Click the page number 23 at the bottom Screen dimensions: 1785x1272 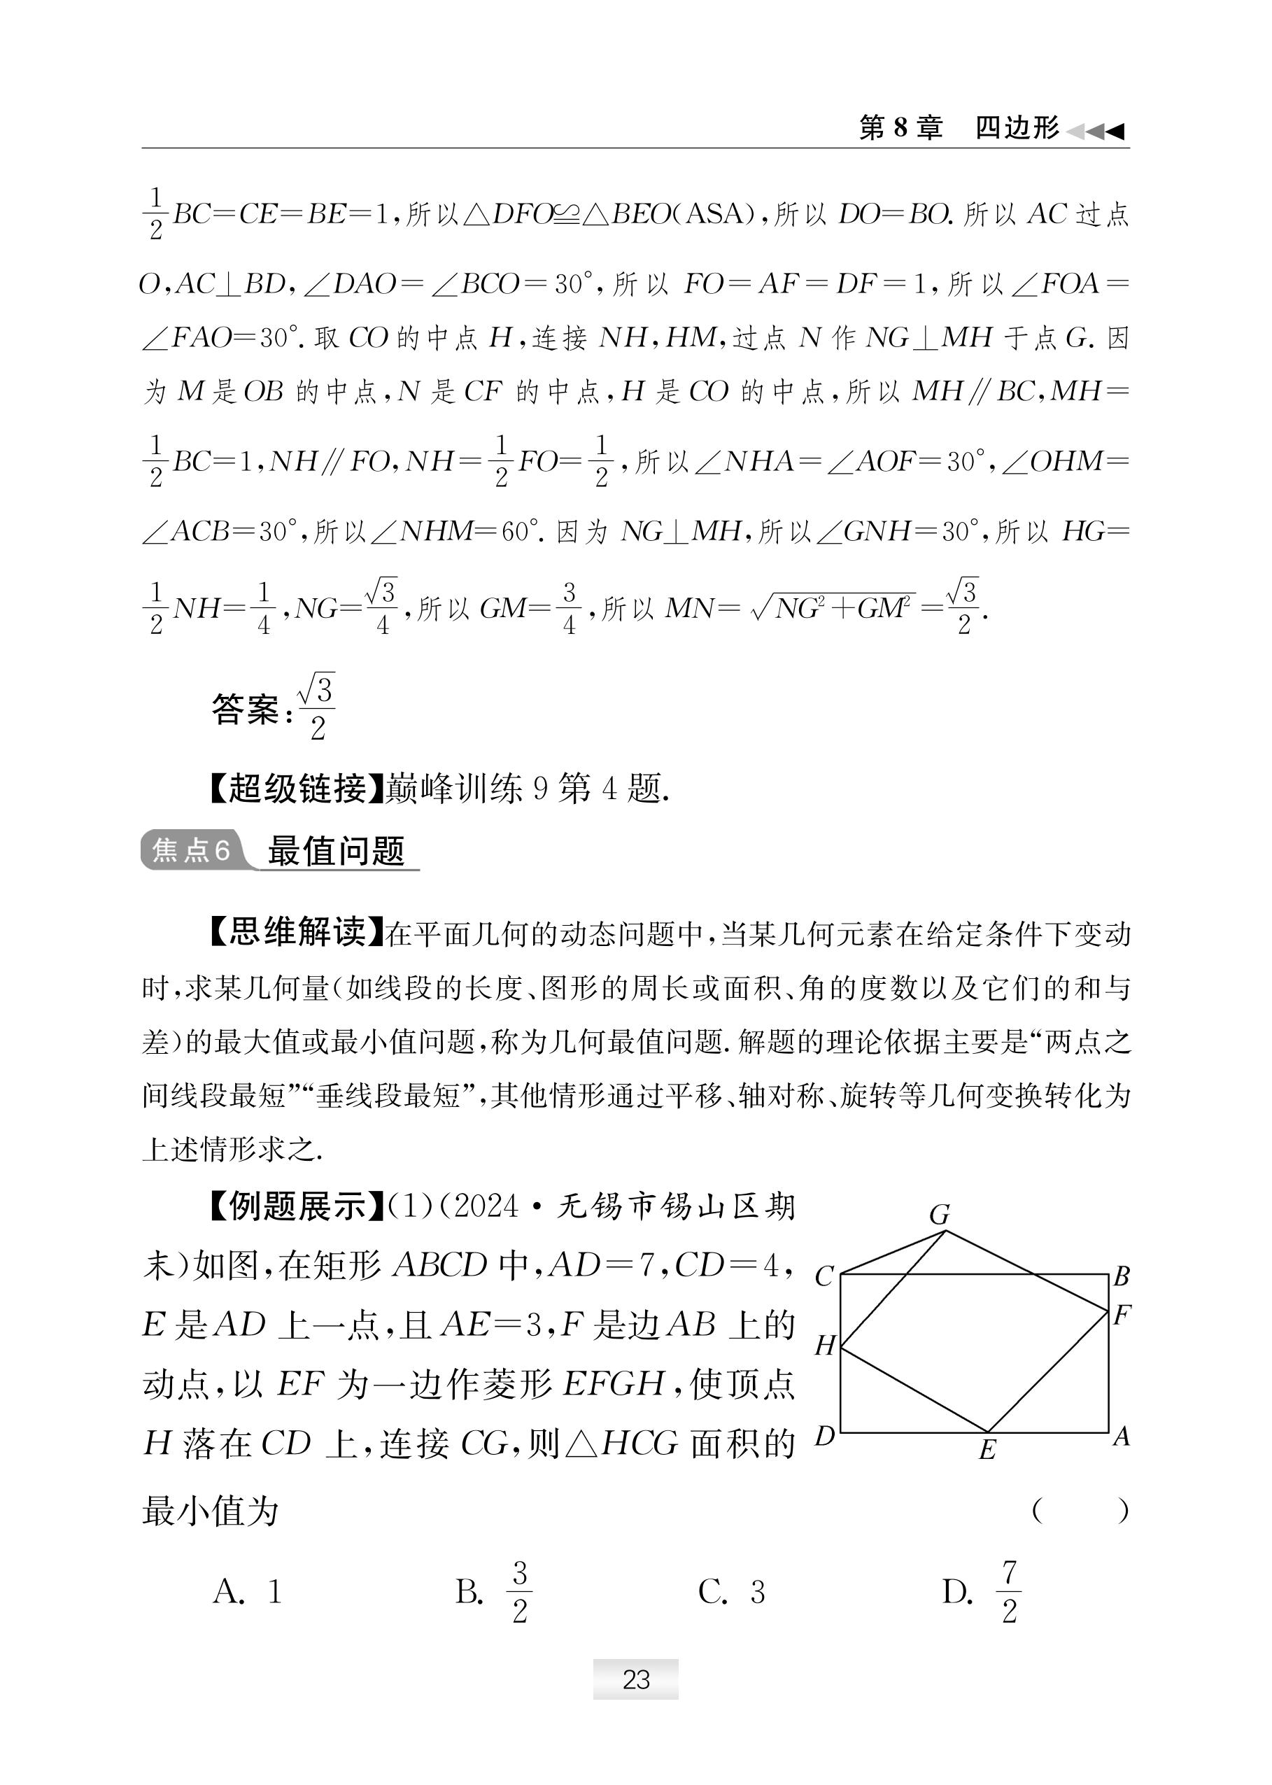[635, 1680]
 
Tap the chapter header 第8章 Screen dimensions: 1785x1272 [900, 127]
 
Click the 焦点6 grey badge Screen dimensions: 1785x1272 [190, 849]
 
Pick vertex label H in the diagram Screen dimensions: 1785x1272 [825, 1346]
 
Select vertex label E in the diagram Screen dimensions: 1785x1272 [987, 1451]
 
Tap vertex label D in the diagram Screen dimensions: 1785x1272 [825, 1436]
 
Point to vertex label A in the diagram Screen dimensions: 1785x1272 [1122, 1436]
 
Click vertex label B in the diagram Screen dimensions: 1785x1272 [1122, 1276]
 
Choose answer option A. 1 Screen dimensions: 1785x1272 [248, 1593]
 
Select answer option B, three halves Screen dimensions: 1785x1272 [494, 1593]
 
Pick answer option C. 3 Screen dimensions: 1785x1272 [732, 1593]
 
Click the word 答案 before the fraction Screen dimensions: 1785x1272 [245, 710]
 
